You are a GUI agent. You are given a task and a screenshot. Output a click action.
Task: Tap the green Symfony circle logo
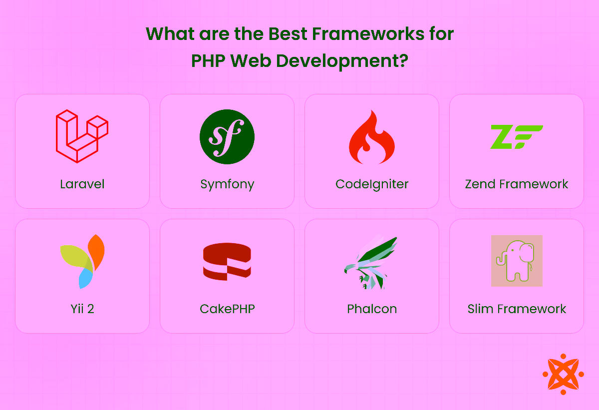click(227, 137)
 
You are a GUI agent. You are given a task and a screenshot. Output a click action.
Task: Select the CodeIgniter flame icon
click(371, 137)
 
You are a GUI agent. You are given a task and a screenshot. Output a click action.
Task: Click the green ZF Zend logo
click(516, 137)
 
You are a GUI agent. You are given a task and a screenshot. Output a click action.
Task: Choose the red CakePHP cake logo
click(227, 261)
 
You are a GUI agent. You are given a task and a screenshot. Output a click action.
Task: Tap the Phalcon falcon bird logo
click(371, 262)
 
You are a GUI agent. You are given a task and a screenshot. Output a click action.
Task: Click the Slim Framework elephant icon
click(517, 261)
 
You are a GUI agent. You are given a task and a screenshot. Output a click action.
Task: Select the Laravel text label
click(82, 184)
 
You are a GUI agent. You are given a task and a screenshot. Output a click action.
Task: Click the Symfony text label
click(227, 184)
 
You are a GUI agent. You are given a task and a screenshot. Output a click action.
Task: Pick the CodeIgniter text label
click(372, 184)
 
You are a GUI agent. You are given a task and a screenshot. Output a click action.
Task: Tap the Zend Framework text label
click(517, 184)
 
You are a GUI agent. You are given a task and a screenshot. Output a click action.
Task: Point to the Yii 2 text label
click(82, 309)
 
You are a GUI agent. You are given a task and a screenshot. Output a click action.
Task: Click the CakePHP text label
click(227, 309)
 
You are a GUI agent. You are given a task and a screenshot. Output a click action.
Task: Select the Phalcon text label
click(372, 309)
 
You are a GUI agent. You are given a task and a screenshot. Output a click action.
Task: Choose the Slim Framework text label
click(517, 309)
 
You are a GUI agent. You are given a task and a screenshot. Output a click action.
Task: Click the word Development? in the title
click(342, 61)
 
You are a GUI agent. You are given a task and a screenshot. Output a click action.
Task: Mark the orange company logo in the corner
click(563, 374)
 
